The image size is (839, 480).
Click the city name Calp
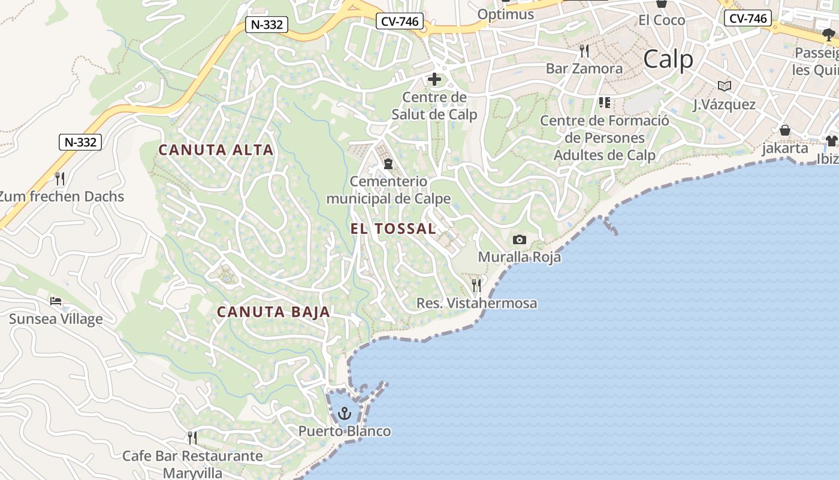[668, 59]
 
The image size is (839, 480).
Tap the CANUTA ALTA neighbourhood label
[216, 150]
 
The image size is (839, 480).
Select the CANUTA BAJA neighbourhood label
[273, 312]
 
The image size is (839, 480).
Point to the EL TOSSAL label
[393, 229]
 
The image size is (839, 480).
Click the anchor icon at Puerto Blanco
[344, 413]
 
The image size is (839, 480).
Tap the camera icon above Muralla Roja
[520, 240]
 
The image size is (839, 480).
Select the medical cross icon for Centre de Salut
[434, 79]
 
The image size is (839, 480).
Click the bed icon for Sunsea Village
[56, 301]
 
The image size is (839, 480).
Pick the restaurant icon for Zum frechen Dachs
[59, 178]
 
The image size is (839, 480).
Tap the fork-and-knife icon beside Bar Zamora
[584, 50]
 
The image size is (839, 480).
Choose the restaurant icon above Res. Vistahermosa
[476, 285]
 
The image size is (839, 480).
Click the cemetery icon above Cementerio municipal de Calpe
[388, 163]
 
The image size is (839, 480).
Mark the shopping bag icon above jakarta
[785, 130]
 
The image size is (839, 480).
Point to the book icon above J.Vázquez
[724, 86]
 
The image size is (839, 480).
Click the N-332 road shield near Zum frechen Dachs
[80, 142]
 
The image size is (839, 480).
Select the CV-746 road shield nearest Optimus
[400, 22]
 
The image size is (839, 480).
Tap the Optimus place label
[506, 14]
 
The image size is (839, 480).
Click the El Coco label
[662, 20]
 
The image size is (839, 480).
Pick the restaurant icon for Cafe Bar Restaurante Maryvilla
[192, 437]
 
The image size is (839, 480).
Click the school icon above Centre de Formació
[604, 103]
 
